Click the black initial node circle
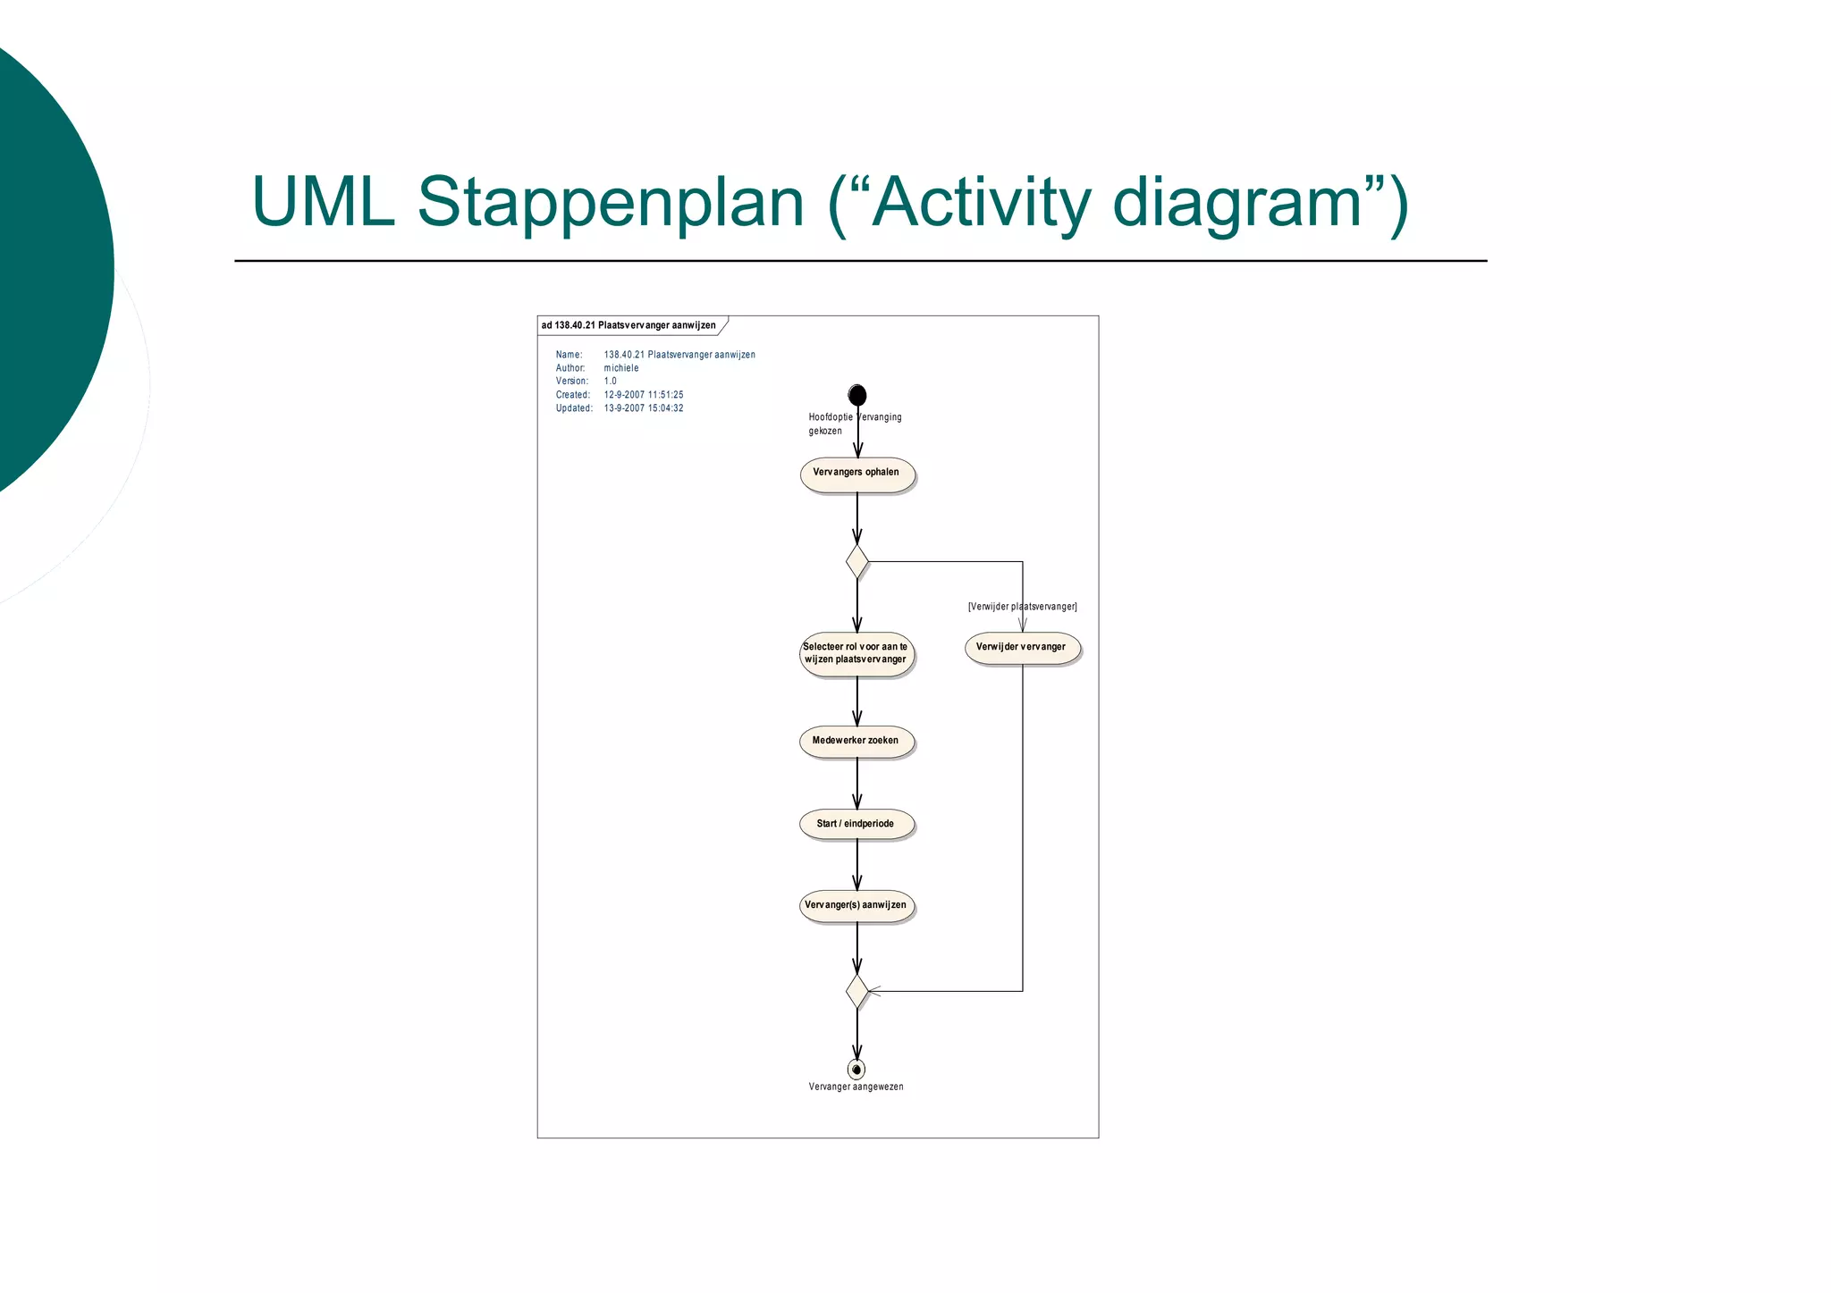click(856, 395)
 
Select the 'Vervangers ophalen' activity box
click(856, 474)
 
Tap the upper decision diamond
click(856, 562)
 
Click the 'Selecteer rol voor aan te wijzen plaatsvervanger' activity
click(856, 654)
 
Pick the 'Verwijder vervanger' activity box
click(1021, 648)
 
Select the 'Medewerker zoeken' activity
click(856, 742)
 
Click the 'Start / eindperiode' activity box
click(856, 824)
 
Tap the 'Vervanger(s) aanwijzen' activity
click(856, 906)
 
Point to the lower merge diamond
click(856, 991)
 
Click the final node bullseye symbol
click(856, 1069)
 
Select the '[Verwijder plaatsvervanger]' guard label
click(1022, 607)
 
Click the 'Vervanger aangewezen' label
click(856, 1087)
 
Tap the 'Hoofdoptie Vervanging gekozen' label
click(854, 424)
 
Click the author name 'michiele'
click(621, 368)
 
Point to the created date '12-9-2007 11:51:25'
click(644, 395)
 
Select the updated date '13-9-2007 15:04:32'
click(644, 408)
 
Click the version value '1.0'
click(611, 382)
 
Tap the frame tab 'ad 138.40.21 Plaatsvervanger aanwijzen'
click(629, 325)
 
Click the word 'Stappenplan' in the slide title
click(611, 203)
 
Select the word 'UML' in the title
click(323, 203)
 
